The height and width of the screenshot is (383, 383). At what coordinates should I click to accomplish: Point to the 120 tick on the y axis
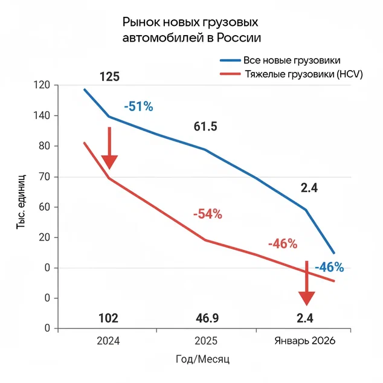[42, 85]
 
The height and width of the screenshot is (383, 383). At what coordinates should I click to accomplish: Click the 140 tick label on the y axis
[42, 115]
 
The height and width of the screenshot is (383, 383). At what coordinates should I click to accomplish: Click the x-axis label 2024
[108, 341]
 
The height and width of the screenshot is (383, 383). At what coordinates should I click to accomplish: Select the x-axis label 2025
[206, 341]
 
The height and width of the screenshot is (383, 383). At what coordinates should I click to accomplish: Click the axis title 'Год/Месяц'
[204, 359]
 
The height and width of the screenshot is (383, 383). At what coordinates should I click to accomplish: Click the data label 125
[109, 77]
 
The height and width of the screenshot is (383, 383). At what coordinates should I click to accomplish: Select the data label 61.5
[205, 126]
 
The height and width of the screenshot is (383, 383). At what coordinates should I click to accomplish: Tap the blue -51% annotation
[138, 106]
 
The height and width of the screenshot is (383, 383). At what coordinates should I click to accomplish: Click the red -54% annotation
[208, 214]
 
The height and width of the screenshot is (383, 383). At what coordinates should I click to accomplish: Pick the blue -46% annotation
[329, 266]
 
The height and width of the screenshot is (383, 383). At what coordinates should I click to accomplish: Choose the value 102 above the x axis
[108, 318]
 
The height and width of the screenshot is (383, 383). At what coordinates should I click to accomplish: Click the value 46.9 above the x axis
[206, 318]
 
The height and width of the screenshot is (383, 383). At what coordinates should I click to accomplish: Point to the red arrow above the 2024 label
[109, 148]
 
